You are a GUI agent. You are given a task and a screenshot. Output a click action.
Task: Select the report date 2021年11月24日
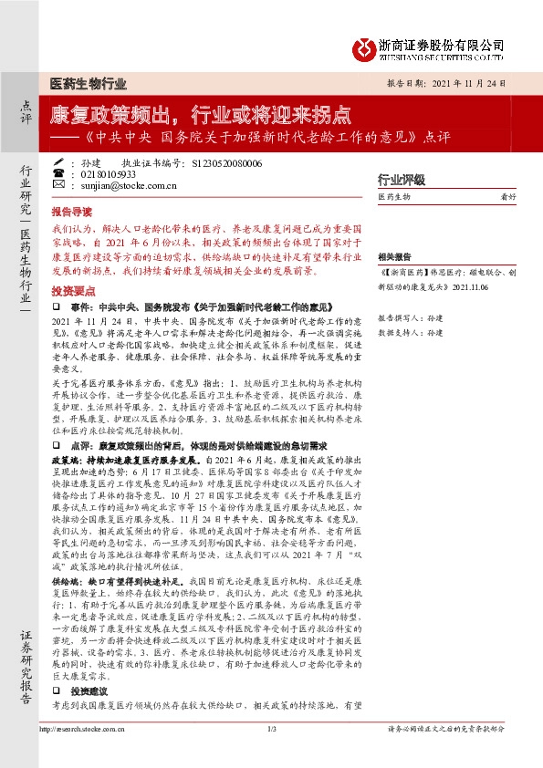pos(471,82)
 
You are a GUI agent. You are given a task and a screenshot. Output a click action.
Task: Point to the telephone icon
pos(58,173)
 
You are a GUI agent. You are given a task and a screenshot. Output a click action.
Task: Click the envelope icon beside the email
pos(58,185)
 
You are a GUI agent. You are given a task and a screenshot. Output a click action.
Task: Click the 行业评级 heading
pos(402,179)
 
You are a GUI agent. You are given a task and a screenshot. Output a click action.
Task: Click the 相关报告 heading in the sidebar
pos(394,257)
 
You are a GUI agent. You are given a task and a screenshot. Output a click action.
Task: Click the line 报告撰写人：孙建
pos(410,317)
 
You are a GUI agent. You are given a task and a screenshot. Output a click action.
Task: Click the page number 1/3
pos(272,754)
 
